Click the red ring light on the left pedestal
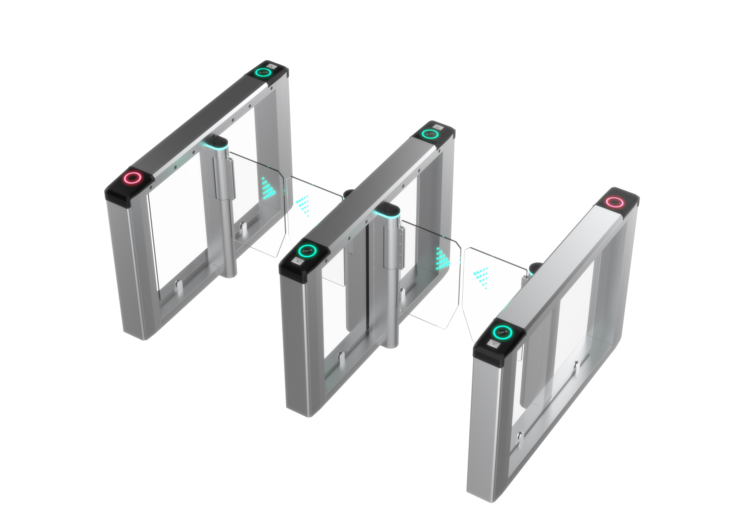[x=132, y=178]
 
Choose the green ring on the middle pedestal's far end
[x=430, y=134]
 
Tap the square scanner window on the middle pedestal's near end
[x=298, y=262]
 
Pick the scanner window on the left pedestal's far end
[x=271, y=65]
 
